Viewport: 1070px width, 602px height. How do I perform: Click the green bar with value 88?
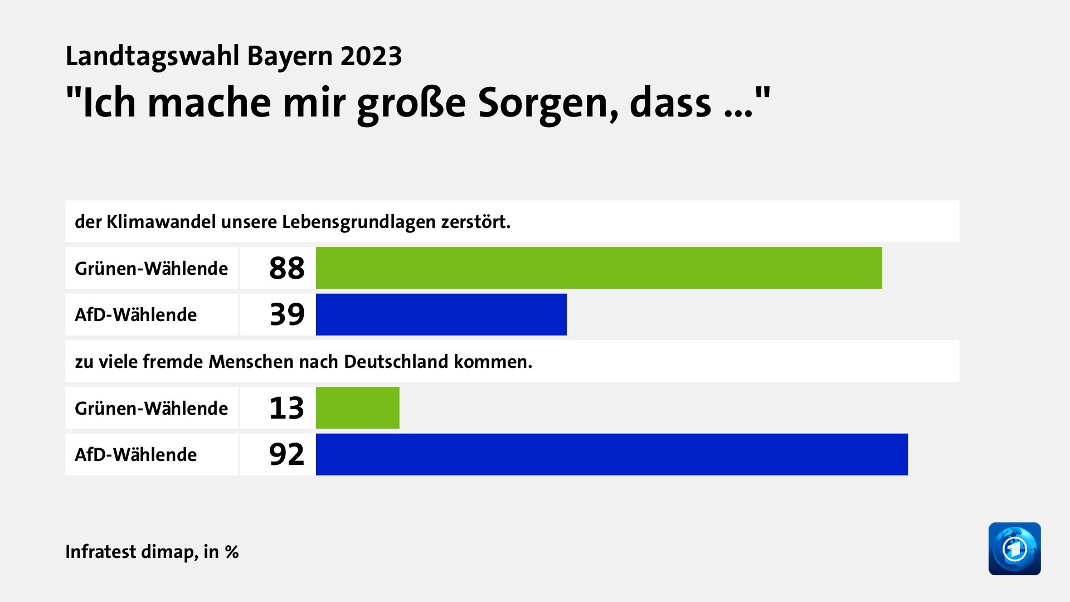pos(599,268)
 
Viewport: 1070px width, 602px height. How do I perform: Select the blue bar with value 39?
pos(441,314)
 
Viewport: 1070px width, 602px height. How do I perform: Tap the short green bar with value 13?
pos(357,408)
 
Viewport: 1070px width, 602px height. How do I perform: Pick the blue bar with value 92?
pos(611,454)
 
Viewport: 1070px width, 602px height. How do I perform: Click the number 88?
pos(286,268)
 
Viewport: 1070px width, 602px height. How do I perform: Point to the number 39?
pos(287,314)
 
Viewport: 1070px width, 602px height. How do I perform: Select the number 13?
pos(286,408)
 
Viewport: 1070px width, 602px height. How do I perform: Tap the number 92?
pos(286,454)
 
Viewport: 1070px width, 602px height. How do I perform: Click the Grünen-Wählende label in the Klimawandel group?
pos(151,269)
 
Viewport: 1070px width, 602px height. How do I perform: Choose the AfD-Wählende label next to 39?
pos(135,315)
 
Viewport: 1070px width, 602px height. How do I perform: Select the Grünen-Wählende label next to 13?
pos(151,409)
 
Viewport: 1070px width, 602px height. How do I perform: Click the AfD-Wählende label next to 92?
pos(135,455)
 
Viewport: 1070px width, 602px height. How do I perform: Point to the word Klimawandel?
pos(161,222)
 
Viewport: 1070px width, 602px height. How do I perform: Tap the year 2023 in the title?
pos(371,56)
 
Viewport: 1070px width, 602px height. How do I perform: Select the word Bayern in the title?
pos(290,56)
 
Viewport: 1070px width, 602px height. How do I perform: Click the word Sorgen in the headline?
pos(548,104)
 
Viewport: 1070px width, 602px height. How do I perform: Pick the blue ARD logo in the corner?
pos(1014,548)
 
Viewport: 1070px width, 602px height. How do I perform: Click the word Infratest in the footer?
pos(101,552)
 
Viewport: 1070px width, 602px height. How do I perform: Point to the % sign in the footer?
pos(232,552)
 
